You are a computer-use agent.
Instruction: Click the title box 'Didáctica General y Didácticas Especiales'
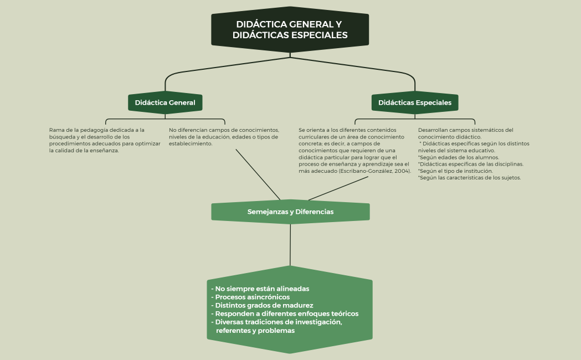click(290, 30)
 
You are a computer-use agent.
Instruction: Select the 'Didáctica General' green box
click(165, 103)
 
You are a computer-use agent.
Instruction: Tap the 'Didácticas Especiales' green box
click(414, 103)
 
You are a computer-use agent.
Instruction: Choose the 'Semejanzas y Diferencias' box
click(290, 212)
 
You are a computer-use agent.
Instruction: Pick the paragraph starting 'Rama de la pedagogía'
click(104, 140)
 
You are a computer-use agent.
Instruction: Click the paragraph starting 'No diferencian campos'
click(223, 137)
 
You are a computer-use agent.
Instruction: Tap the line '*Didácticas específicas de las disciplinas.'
click(471, 164)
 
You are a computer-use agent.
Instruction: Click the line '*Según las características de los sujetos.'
click(469, 178)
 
